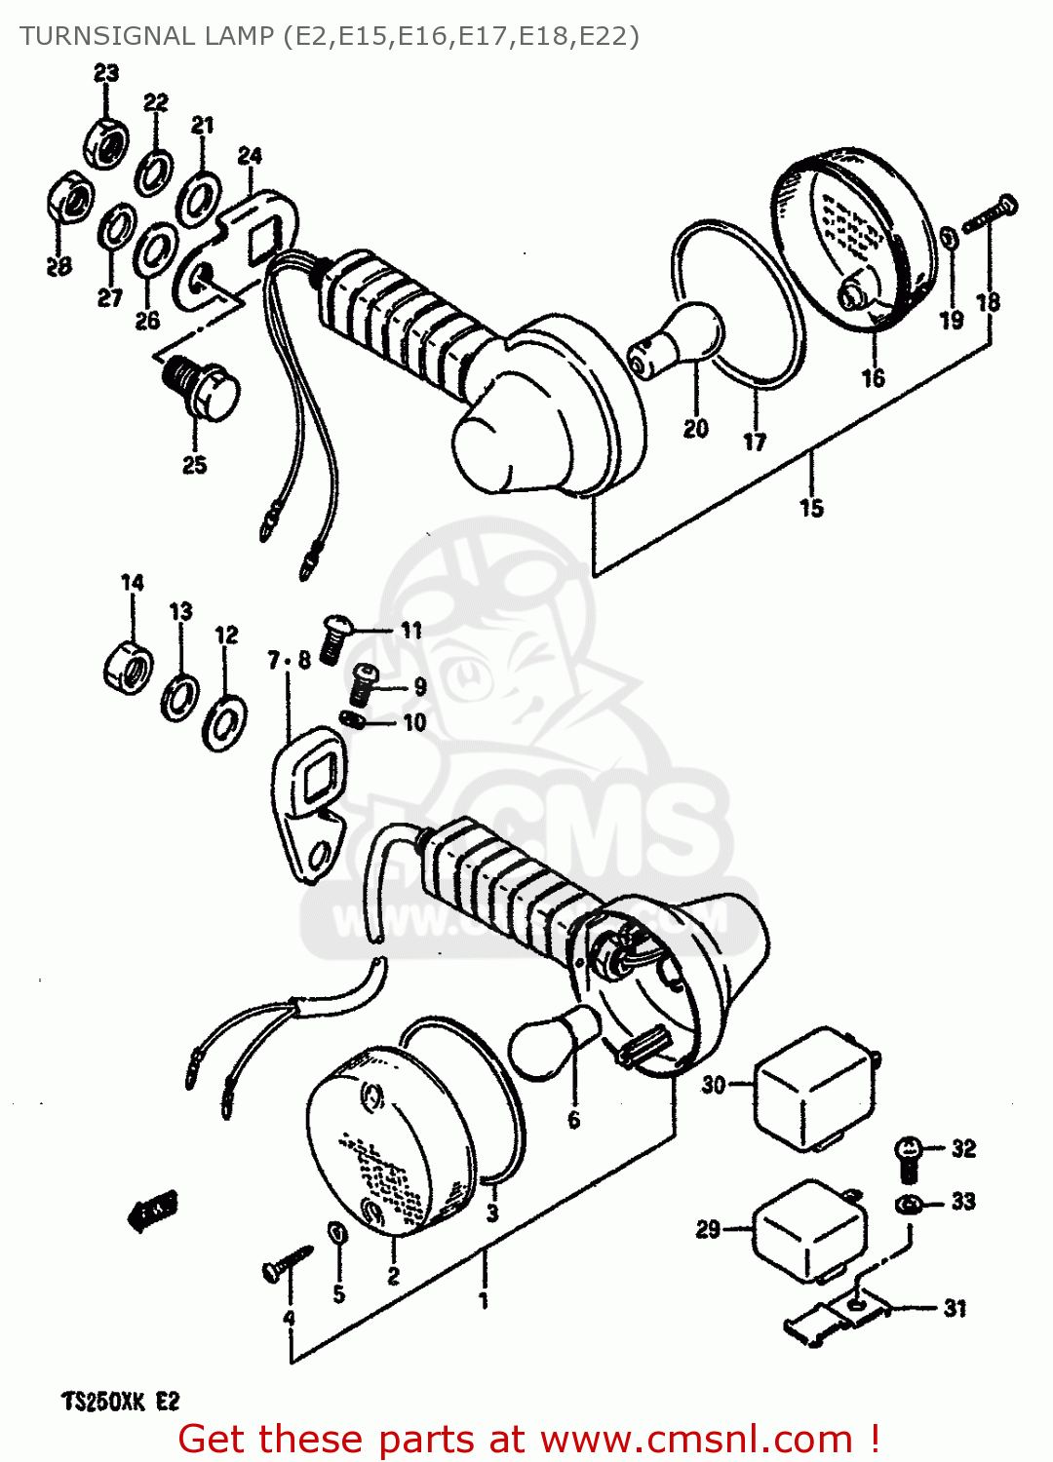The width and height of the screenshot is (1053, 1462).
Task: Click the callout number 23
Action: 106,73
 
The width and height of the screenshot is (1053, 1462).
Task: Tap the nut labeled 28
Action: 69,202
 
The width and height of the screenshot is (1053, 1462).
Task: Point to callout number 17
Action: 755,442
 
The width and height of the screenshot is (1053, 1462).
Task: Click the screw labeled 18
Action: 990,214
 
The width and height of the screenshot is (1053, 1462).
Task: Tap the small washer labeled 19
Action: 949,238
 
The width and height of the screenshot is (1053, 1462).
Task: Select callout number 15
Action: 811,508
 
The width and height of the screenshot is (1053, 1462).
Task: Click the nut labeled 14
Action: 128,666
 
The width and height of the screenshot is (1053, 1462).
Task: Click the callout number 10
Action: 414,723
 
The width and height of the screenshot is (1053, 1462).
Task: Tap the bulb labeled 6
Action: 554,1043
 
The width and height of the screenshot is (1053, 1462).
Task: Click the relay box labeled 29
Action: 810,1230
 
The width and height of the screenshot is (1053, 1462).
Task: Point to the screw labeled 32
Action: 908,1156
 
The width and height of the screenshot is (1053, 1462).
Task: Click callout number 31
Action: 955,1308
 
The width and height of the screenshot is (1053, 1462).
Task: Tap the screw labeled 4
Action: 286,1265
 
